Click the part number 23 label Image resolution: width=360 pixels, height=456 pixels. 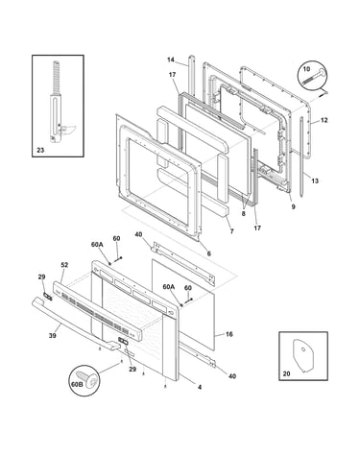40,150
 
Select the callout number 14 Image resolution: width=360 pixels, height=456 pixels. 171,60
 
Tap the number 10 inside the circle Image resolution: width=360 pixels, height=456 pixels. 306,69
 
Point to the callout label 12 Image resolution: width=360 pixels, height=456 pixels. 324,120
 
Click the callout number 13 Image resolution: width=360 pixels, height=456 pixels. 315,180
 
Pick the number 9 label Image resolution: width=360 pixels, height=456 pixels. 293,206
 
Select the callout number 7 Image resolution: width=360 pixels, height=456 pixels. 231,231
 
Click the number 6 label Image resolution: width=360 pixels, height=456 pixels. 208,253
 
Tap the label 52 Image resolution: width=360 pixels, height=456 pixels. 64,265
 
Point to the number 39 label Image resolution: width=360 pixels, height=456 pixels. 53,335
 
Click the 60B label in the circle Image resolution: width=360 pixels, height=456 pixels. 78,384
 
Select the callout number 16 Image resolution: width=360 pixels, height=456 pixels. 229,334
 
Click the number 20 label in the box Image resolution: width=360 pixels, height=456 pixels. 286,373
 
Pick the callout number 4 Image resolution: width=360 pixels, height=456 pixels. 200,387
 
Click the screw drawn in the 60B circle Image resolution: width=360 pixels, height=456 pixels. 88,379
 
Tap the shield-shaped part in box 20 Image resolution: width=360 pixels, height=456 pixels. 302,355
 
